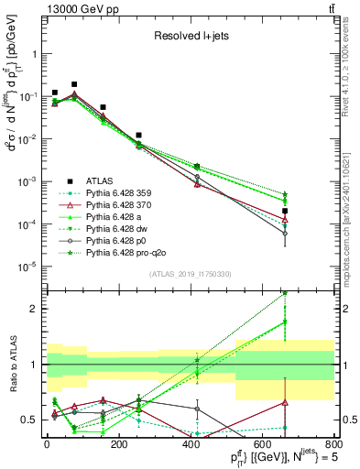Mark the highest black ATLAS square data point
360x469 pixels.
[x=74, y=84]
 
